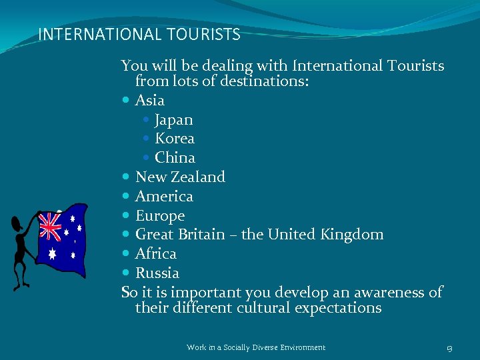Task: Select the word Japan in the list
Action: [173, 120]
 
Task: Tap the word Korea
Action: [174, 139]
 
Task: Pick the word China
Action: [175, 158]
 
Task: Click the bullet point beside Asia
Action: [127, 101]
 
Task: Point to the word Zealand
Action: [198, 177]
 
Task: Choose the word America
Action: [164, 197]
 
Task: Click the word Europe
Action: [160, 216]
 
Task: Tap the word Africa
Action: [156, 254]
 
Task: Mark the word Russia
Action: [157, 273]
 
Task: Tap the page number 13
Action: [450, 347]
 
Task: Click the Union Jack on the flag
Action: [49, 226]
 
